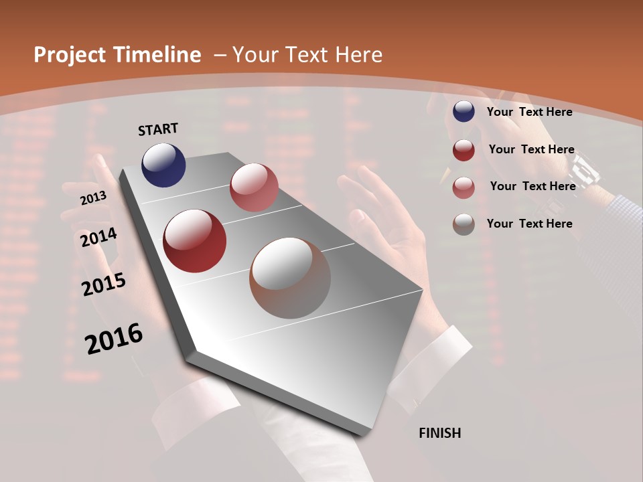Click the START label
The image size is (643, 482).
[x=158, y=129]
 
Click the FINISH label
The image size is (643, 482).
[x=439, y=433]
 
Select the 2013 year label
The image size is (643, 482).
[x=93, y=198]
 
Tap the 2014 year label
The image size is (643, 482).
[x=98, y=238]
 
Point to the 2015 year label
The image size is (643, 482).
[x=104, y=285]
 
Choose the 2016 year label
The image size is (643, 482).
[x=114, y=339]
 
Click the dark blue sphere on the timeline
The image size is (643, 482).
[x=163, y=165]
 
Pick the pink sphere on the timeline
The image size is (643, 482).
[x=254, y=187]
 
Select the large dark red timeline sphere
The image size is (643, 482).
[x=195, y=241]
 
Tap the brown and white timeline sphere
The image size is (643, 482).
[x=290, y=278]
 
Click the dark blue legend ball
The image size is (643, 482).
[x=463, y=112]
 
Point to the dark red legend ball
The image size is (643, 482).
[x=463, y=150]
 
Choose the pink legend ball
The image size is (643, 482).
[x=463, y=187]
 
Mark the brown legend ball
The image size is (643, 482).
[x=463, y=224]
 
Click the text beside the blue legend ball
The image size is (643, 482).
[x=529, y=112]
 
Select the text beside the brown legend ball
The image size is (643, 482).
[x=529, y=224]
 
